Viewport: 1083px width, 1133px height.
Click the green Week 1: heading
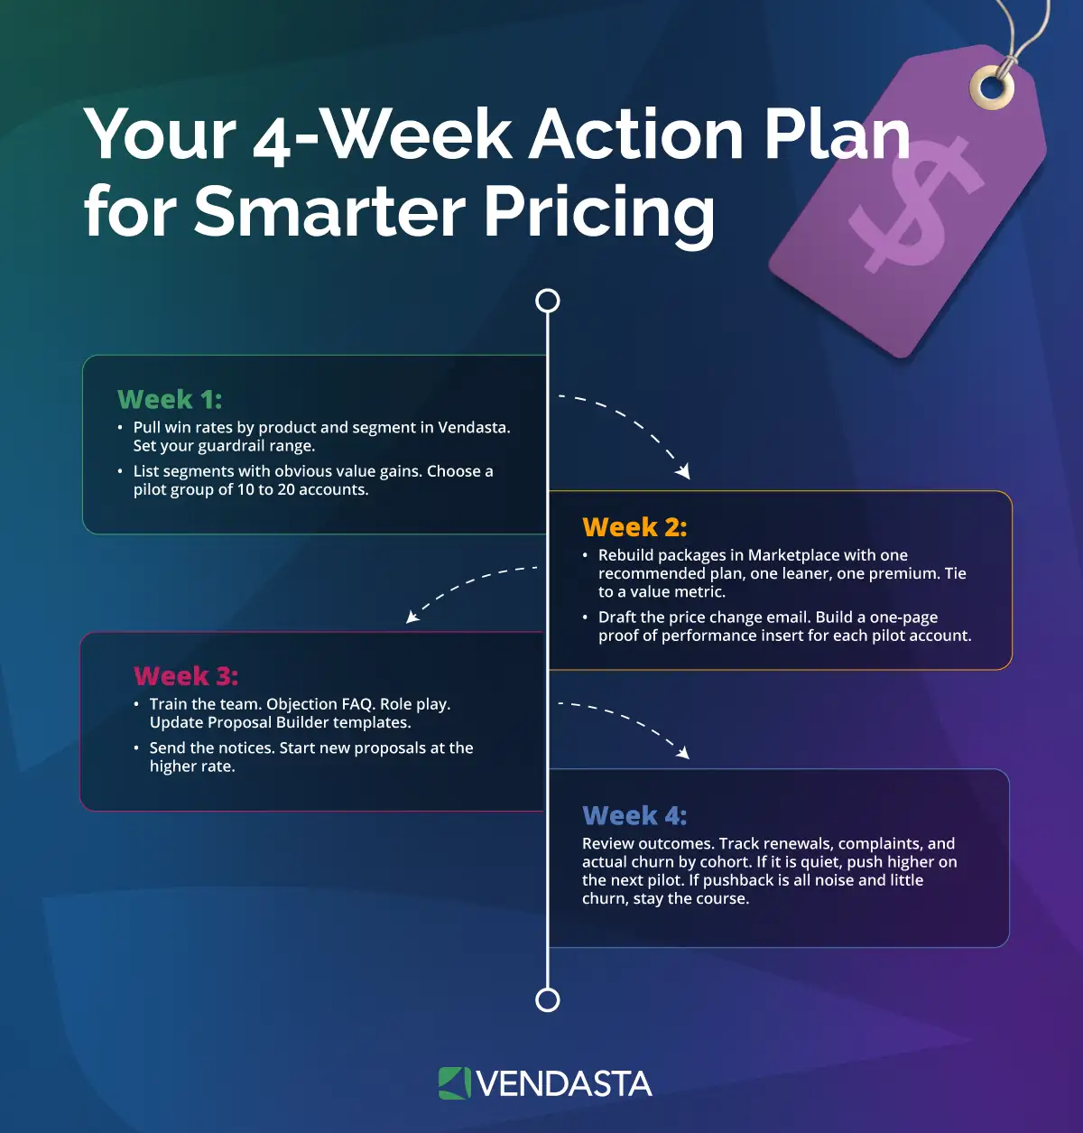coord(170,399)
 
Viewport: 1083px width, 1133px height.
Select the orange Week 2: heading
coord(634,527)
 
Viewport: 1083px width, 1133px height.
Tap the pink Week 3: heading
coord(186,676)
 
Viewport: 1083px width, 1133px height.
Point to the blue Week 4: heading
coord(634,816)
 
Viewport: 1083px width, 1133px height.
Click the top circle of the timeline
coord(548,301)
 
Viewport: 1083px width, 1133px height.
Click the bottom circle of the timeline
coord(548,1000)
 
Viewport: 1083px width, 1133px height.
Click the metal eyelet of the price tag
coord(991,88)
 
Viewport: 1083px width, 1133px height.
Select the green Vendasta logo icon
coord(454,1083)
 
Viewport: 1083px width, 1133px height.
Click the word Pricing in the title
coord(599,213)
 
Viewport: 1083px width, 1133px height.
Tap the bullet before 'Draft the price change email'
coord(585,618)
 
